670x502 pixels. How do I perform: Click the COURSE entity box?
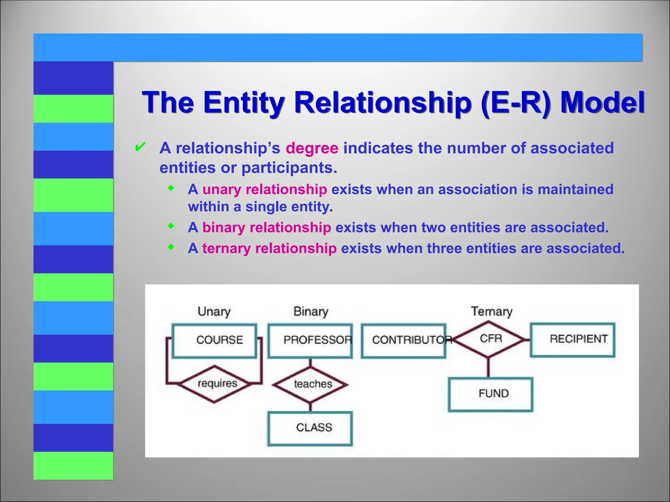click(x=214, y=341)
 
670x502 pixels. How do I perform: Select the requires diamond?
click(x=215, y=384)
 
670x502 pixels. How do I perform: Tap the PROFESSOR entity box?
click(x=310, y=341)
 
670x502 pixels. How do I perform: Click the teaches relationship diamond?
click(x=310, y=384)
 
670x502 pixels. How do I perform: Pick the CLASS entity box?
click(x=310, y=428)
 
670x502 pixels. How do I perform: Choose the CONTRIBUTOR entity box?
click(x=404, y=341)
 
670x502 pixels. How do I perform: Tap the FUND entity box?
click(x=490, y=394)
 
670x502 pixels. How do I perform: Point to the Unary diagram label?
click(x=214, y=311)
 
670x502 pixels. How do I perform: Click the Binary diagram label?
click(x=310, y=311)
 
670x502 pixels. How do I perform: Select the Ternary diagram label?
click(x=491, y=311)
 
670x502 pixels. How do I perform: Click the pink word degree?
click(x=312, y=148)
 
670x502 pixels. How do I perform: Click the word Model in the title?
click(x=602, y=103)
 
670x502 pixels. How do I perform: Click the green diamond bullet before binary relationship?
click(x=170, y=226)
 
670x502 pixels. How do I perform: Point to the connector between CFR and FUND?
click(x=488, y=367)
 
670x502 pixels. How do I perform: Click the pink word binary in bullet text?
click(x=223, y=228)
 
